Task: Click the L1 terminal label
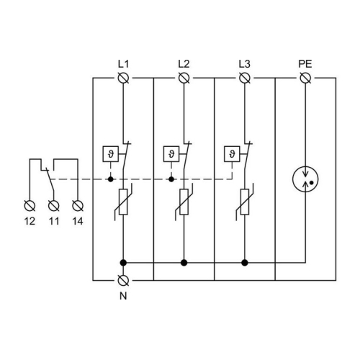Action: (123, 63)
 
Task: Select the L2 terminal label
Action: (184, 63)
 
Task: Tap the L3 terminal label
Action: (244, 63)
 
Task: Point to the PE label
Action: (305, 63)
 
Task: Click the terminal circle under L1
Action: (123, 77)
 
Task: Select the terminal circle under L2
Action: (184, 77)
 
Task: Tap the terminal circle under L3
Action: (244, 77)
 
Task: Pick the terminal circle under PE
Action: (305, 77)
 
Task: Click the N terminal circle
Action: (123, 279)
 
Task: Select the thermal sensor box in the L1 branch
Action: (110, 153)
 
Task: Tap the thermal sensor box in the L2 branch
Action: (171, 153)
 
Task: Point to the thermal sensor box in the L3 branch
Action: (231, 153)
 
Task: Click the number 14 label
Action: (77, 220)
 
